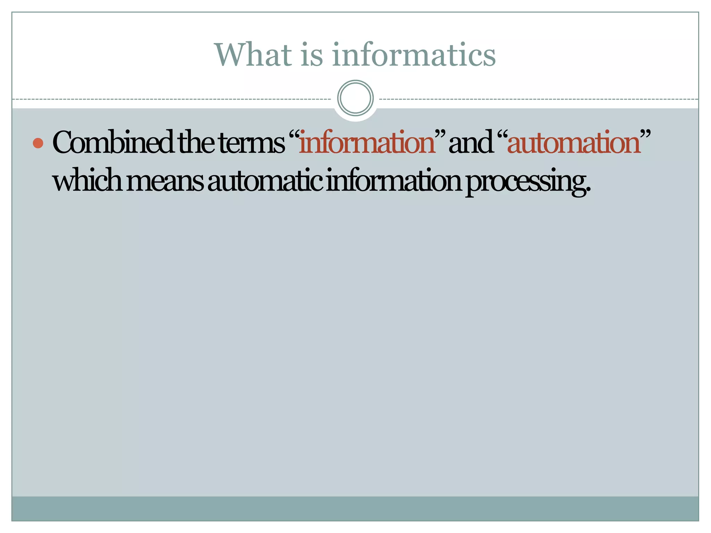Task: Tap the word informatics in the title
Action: click(413, 54)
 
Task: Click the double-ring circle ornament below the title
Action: click(355, 98)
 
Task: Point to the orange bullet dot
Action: click(38, 143)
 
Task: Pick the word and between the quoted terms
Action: click(470, 143)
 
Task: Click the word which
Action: click(87, 181)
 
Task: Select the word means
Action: click(165, 182)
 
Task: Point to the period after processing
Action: click(588, 191)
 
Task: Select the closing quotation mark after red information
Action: click(440, 135)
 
